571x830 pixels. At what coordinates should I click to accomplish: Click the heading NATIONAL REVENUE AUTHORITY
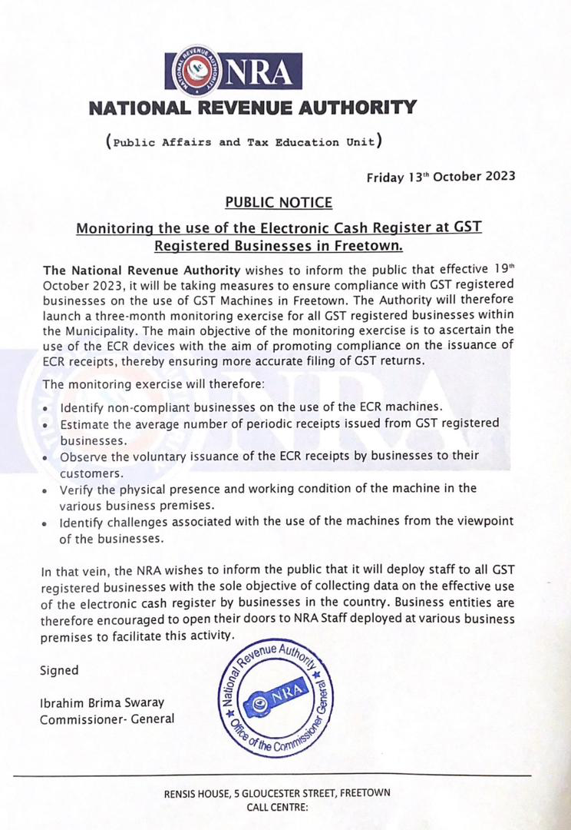click(x=252, y=108)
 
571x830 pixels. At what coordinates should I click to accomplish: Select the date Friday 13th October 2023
click(x=441, y=177)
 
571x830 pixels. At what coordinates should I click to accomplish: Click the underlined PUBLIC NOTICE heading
click(x=279, y=202)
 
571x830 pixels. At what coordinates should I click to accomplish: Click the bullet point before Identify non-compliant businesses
click(x=48, y=407)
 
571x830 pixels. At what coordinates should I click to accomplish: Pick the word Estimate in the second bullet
click(x=84, y=423)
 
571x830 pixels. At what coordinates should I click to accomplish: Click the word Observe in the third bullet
click(x=84, y=456)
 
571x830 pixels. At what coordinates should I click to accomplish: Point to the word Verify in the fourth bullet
click(x=78, y=489)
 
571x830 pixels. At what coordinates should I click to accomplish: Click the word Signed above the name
click(x=59, y=670)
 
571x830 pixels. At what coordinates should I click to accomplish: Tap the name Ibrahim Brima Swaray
click(x=102, y=703)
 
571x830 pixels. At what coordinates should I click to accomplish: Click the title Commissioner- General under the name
click(x=107, y=719)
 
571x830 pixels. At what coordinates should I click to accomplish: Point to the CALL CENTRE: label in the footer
click(x=277, y=808)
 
